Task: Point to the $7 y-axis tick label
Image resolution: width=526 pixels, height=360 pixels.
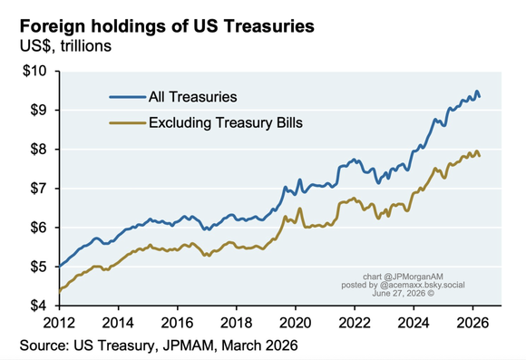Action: pos(38,189)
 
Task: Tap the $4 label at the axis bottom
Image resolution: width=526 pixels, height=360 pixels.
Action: pos(38,306)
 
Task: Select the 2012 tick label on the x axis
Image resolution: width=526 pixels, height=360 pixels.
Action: pos(59,323)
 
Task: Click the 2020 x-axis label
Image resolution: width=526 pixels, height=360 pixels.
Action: pos(296,323)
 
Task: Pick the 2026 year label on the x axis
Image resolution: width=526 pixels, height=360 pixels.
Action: pos(472,323)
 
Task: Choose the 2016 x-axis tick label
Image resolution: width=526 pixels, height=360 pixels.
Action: pos(177,323)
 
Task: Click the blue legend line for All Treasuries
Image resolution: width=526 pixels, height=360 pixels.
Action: pos(128,97)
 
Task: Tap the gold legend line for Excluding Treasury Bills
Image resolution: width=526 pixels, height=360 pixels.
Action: pos(128,122)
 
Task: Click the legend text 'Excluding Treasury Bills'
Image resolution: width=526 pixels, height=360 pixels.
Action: pos(226,122)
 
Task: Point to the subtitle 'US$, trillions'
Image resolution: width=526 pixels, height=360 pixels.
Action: pos(65,46)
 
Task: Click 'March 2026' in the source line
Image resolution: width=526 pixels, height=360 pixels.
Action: pos(259,345)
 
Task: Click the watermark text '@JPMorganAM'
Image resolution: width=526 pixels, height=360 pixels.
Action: pos(414,277)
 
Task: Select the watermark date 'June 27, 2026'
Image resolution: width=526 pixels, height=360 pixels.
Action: pos(399,293)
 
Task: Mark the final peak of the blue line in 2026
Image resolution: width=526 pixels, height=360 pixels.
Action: pos(477,91)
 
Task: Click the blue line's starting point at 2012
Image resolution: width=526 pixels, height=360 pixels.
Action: pos(60,267)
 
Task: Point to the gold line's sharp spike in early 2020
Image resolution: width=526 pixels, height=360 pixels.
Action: pos(299,209)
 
